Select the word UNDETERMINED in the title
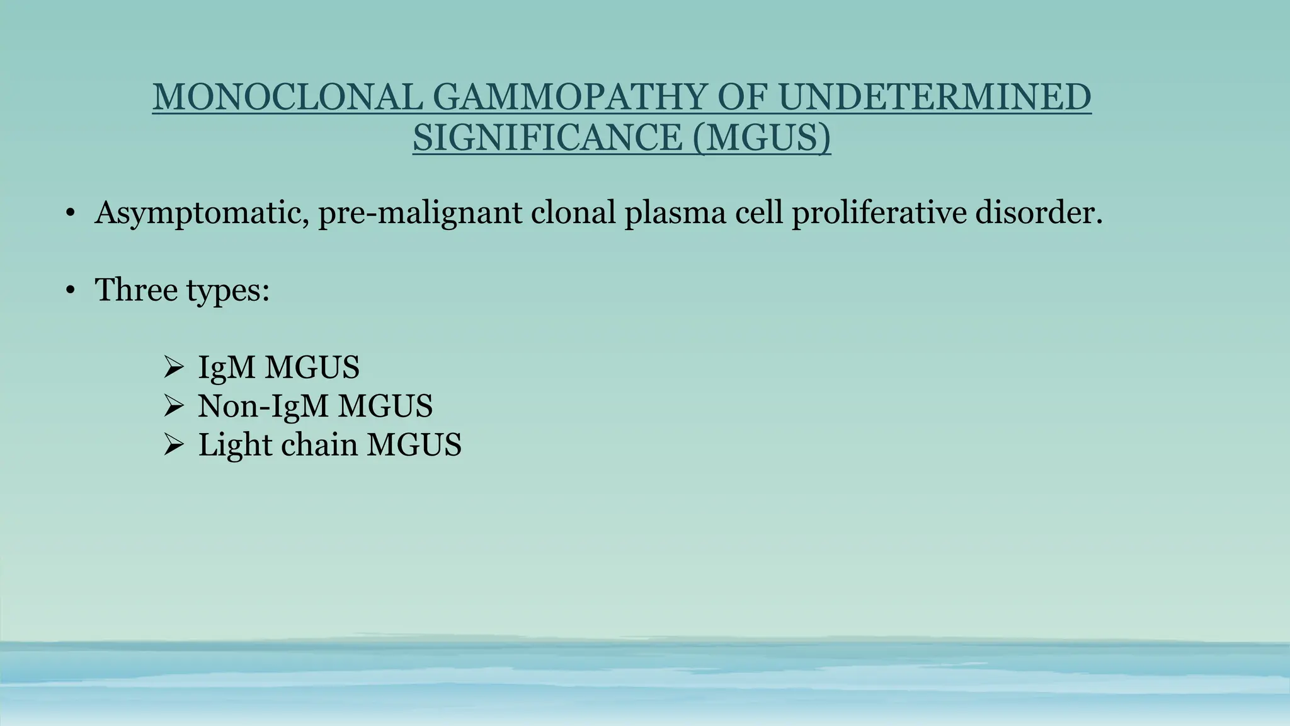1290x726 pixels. coord(935,98)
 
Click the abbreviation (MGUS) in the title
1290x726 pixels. coord(761,137)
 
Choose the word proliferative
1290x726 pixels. coord(879,213)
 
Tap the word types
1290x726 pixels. coord(227,291)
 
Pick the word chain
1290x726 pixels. coord(319,444)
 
